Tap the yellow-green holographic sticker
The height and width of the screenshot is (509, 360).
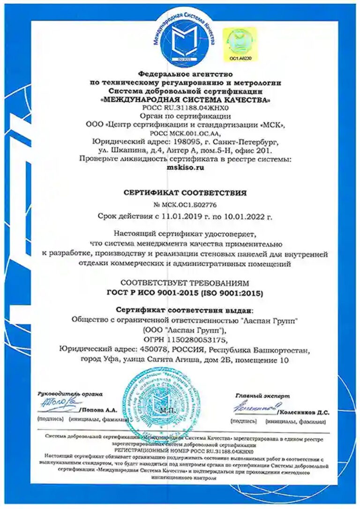pyautogui.click(x=240, y=42)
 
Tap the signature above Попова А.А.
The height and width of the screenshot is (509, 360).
pyautogui.click(x=58, y=402)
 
